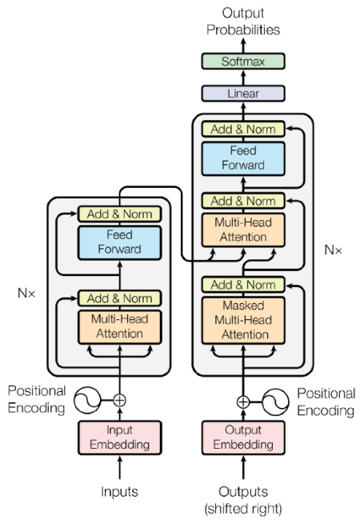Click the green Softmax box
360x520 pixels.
tap(243, 62)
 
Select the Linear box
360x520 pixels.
tap(243, 93)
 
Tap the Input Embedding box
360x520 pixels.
tap(120, 438)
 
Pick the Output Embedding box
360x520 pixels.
tap(243, 438)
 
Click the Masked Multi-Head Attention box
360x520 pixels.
tap(243, 320)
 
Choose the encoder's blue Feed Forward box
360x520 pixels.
tap(120, 242)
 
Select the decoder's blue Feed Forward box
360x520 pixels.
tap(243, 158)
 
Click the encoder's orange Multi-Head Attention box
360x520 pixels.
tap(120, 327)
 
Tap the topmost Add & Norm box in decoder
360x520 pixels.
tap(243, 129)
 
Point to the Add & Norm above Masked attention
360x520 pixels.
tap(243, 285)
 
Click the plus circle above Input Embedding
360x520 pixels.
tap(120, 400)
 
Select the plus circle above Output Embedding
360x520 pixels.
tap(243, 402)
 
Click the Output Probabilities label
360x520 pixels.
tap(243, 22)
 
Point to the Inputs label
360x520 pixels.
tap(119, 491)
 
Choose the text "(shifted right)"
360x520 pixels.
tap(243, 509)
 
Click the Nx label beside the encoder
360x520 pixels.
tap(26, 293)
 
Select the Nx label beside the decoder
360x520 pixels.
tap(333, 250)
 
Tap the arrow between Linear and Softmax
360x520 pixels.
tap(243, 78)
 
